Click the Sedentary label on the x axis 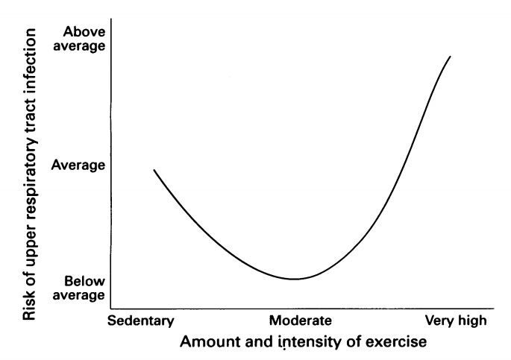140,321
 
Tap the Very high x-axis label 455,321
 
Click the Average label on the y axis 78,164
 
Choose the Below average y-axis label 84,289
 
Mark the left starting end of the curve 154,170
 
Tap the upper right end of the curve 450,56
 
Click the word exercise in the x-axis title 400,343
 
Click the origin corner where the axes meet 110,308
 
